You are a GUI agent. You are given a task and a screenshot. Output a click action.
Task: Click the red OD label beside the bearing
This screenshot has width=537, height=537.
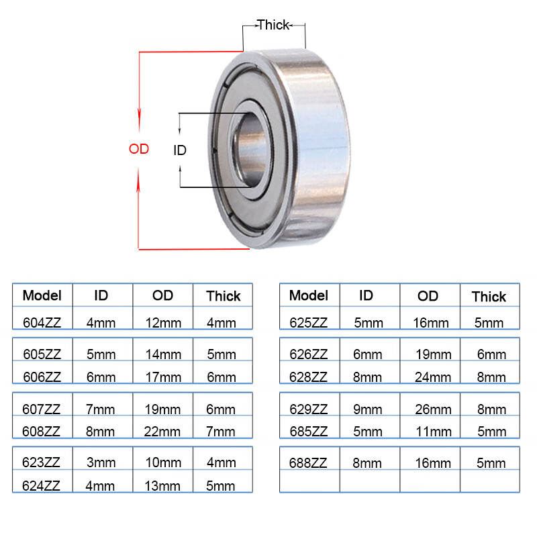point(139,149)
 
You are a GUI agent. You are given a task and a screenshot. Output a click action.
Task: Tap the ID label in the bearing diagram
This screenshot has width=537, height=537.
point(180,150)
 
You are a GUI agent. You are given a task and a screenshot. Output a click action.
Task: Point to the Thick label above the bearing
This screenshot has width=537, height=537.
point(273,25)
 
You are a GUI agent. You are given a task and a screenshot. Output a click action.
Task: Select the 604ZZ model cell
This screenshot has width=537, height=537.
point(42,322)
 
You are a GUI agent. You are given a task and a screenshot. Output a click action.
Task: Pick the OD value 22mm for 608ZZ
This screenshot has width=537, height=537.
point(163,432)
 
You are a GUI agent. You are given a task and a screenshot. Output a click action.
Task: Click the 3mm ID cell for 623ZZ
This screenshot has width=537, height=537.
point(101,462)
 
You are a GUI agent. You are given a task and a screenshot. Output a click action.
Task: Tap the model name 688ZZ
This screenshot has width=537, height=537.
point(308,462)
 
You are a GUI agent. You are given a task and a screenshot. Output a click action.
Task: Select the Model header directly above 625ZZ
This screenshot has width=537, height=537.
point(308,295)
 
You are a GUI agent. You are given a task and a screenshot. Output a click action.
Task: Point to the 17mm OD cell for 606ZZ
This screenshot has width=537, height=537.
point(163,377)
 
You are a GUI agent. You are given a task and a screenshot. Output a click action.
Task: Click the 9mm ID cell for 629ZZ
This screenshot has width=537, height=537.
point(368,409)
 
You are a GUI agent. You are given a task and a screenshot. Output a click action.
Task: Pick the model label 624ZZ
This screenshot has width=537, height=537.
point(42,485)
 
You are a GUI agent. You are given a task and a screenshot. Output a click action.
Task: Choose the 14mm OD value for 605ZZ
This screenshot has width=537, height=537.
point(163,354)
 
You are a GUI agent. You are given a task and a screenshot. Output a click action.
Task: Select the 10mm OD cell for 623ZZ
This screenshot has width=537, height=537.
point(163,462)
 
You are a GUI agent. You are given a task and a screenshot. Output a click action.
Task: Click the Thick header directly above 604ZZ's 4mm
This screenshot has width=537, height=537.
point(223,296)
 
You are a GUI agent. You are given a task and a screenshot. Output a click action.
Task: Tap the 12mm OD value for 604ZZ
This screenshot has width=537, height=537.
point(163,322)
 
